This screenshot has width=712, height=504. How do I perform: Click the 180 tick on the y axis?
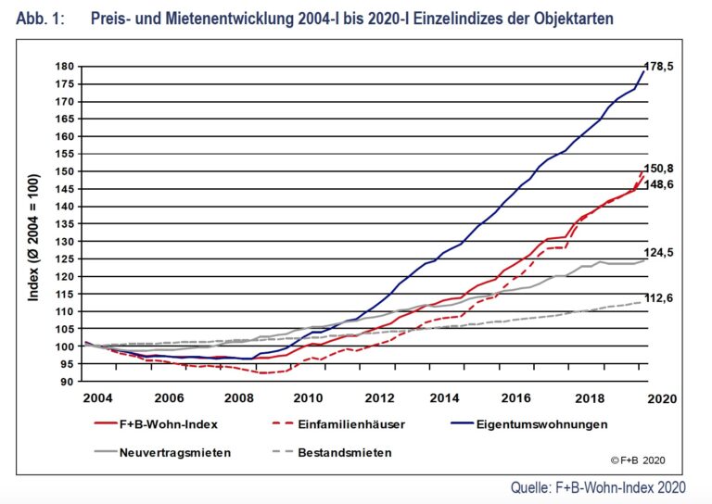[64, 67]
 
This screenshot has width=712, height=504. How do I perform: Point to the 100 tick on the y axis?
[64, 346]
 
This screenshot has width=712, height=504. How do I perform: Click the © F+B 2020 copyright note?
[639, 460]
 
